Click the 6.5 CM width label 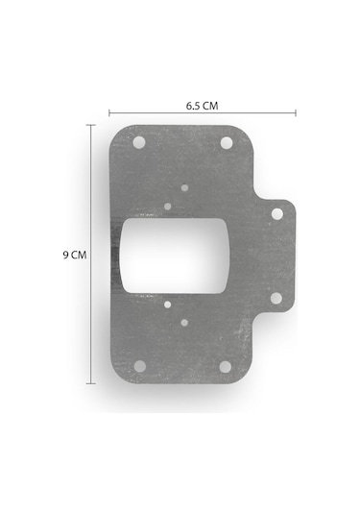click(x=202, y=106)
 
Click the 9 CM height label click(x=75, y=255)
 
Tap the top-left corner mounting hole click(x=139, y=142)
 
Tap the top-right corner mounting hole click(x=227, y=143)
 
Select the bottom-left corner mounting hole click(x=140, y=366)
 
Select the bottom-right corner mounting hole click(x=225, y=367)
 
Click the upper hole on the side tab click(x=277, y=214)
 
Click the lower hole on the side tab click(x=276, y=298)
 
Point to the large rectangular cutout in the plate click(x=175, y=256)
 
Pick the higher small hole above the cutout click(x=184, y=188)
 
